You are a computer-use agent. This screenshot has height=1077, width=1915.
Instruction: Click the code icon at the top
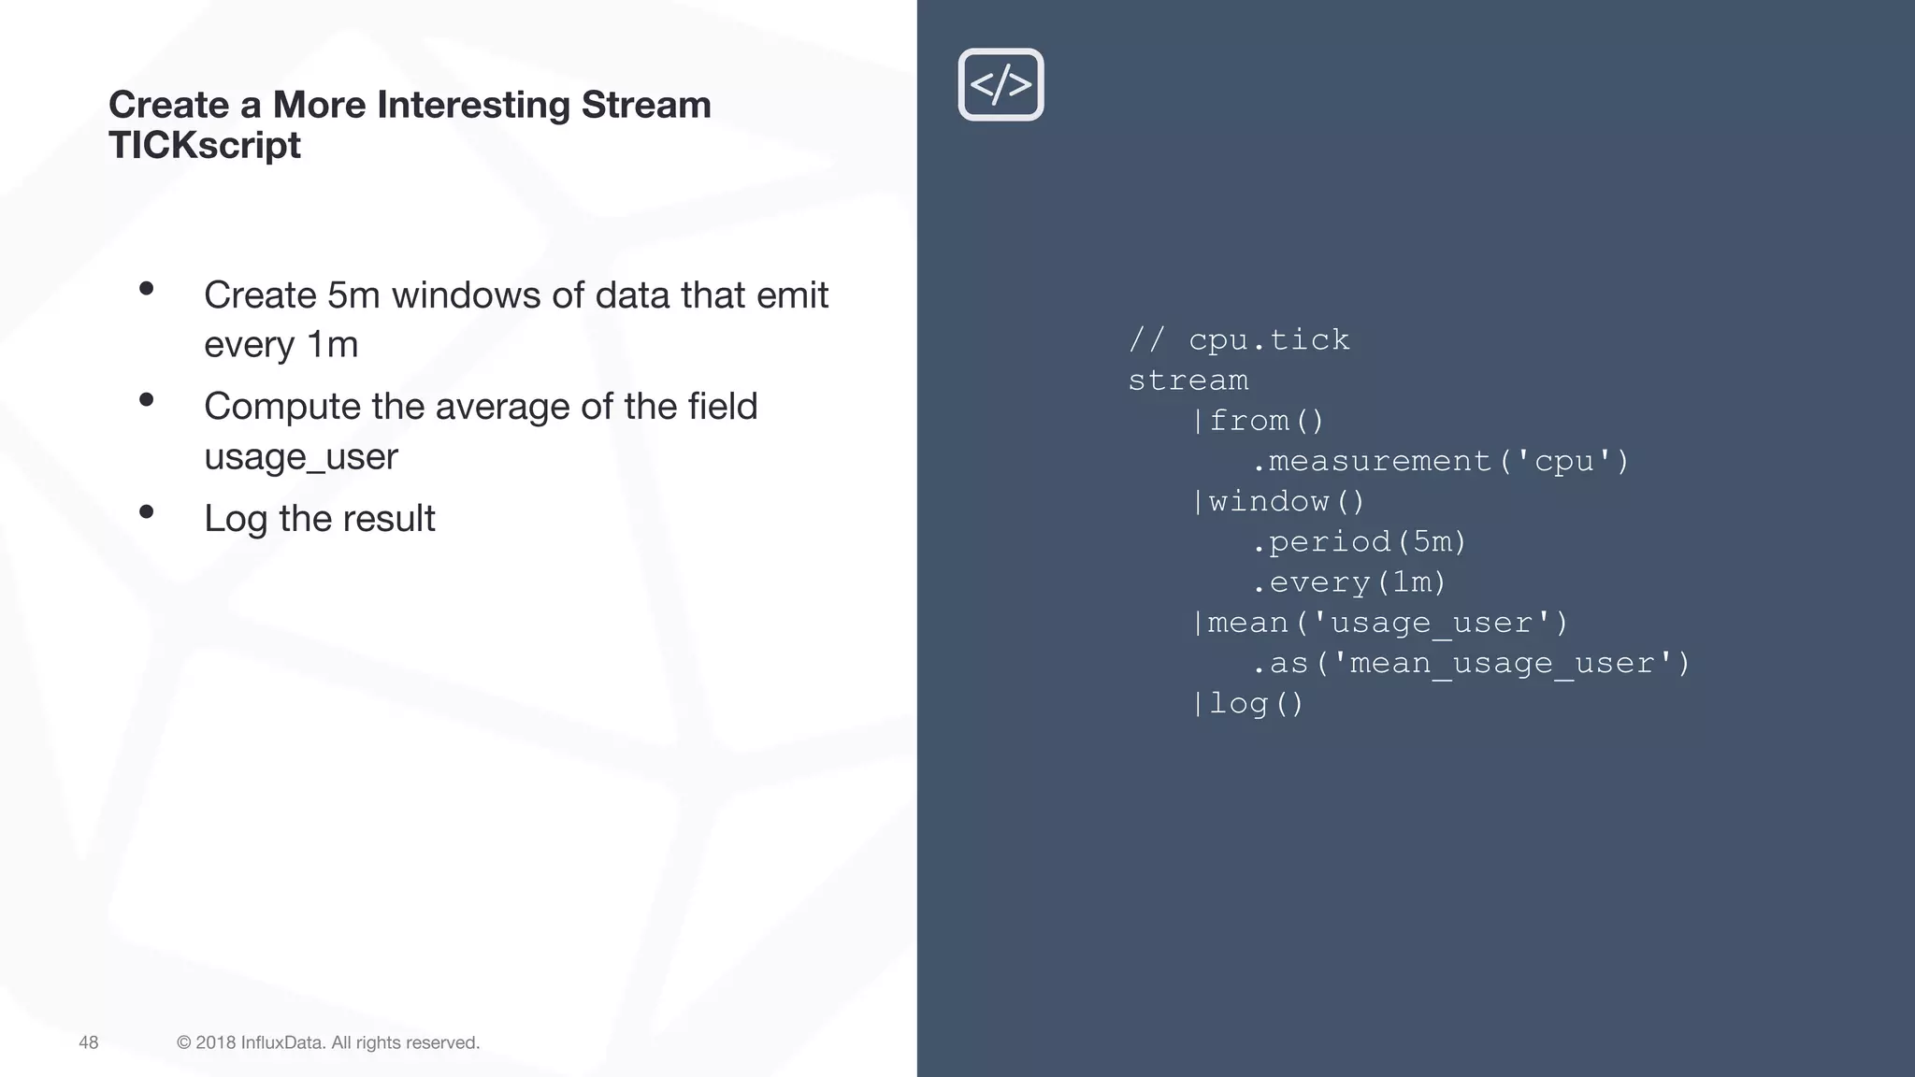tap(1001, 84)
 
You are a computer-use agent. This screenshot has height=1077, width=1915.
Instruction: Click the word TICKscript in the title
tap(205, 146)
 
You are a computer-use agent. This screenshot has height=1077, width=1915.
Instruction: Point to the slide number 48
tap(89, 1042)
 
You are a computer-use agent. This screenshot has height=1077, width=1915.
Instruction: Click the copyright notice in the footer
tap(328, 1042)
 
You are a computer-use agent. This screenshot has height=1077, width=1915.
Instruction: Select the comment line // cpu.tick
tap(1239, 339)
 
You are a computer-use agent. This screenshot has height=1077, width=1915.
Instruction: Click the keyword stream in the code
tap(1188, 381)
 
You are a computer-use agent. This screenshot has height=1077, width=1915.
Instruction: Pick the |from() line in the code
tap(1259, 421)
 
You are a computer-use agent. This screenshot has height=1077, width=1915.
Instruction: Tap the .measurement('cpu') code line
tap(1440, 461)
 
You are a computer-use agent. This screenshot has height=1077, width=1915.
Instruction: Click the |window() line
tap(1278, 502)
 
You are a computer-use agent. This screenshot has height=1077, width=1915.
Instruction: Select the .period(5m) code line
tap(1359, 542)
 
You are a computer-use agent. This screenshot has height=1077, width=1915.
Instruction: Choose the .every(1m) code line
tap(1348, 582)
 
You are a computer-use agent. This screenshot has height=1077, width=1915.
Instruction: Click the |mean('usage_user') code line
tap(1379, 623)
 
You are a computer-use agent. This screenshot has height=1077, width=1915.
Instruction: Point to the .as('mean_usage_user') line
tap(1470, 664)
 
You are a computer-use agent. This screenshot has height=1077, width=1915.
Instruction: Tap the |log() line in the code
tap(1248, 704)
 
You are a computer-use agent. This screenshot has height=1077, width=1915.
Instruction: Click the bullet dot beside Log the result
tap(146, 511)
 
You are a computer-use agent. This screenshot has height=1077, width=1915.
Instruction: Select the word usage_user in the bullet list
tap(301, 457)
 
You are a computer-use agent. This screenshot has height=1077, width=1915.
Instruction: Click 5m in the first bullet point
tap(353, 295)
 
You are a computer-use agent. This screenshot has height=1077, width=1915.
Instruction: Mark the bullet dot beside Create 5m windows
tap(146, 289)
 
